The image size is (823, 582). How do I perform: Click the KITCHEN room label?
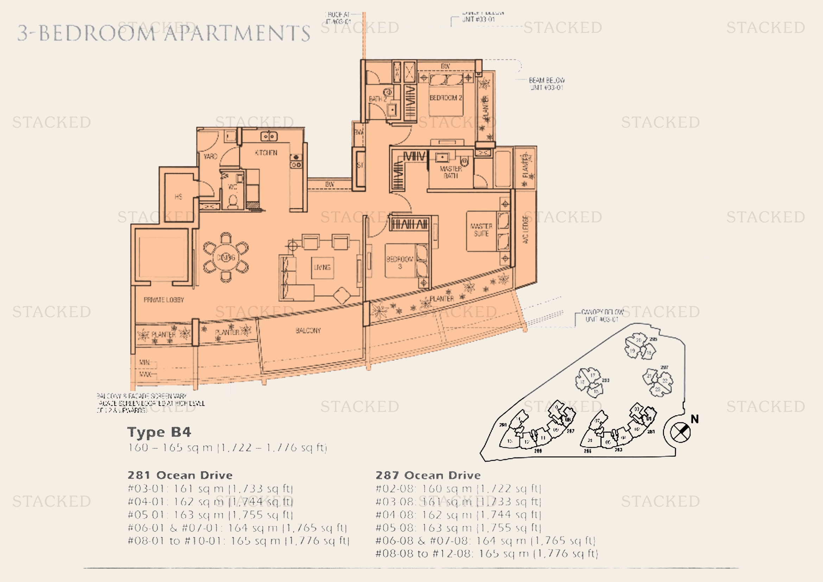click(x=266, y=153)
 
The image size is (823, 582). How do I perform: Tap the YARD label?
click(x=210, y=157)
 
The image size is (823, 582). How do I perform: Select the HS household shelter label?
click(x=178, y=196)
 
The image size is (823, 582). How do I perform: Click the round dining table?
click(x=226, y=257)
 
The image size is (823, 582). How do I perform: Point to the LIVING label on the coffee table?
click(x=322, y=267)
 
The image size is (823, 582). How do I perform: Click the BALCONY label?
click(x=308, y=330)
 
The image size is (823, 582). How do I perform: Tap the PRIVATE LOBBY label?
click(x=164, y=299)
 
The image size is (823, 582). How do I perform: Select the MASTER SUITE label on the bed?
click(x=481, y=230)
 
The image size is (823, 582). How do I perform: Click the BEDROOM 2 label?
click(x=445, y=97)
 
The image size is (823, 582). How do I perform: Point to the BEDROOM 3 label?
click(x=400, y=262)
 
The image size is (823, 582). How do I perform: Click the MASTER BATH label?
click(x=451, y=172)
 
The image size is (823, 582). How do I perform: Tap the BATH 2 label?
click(x=378, y=99)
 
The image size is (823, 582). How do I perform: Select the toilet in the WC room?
click(x=233, y=202)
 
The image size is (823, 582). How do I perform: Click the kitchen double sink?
click(x=268, y=137)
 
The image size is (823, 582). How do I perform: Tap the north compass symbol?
click(x=680, y=432)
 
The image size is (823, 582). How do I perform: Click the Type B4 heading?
click(x=159, y=432)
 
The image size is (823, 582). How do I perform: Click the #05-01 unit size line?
click(x=210, y=515)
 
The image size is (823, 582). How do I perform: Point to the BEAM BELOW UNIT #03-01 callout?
click(x=546, y=83)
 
